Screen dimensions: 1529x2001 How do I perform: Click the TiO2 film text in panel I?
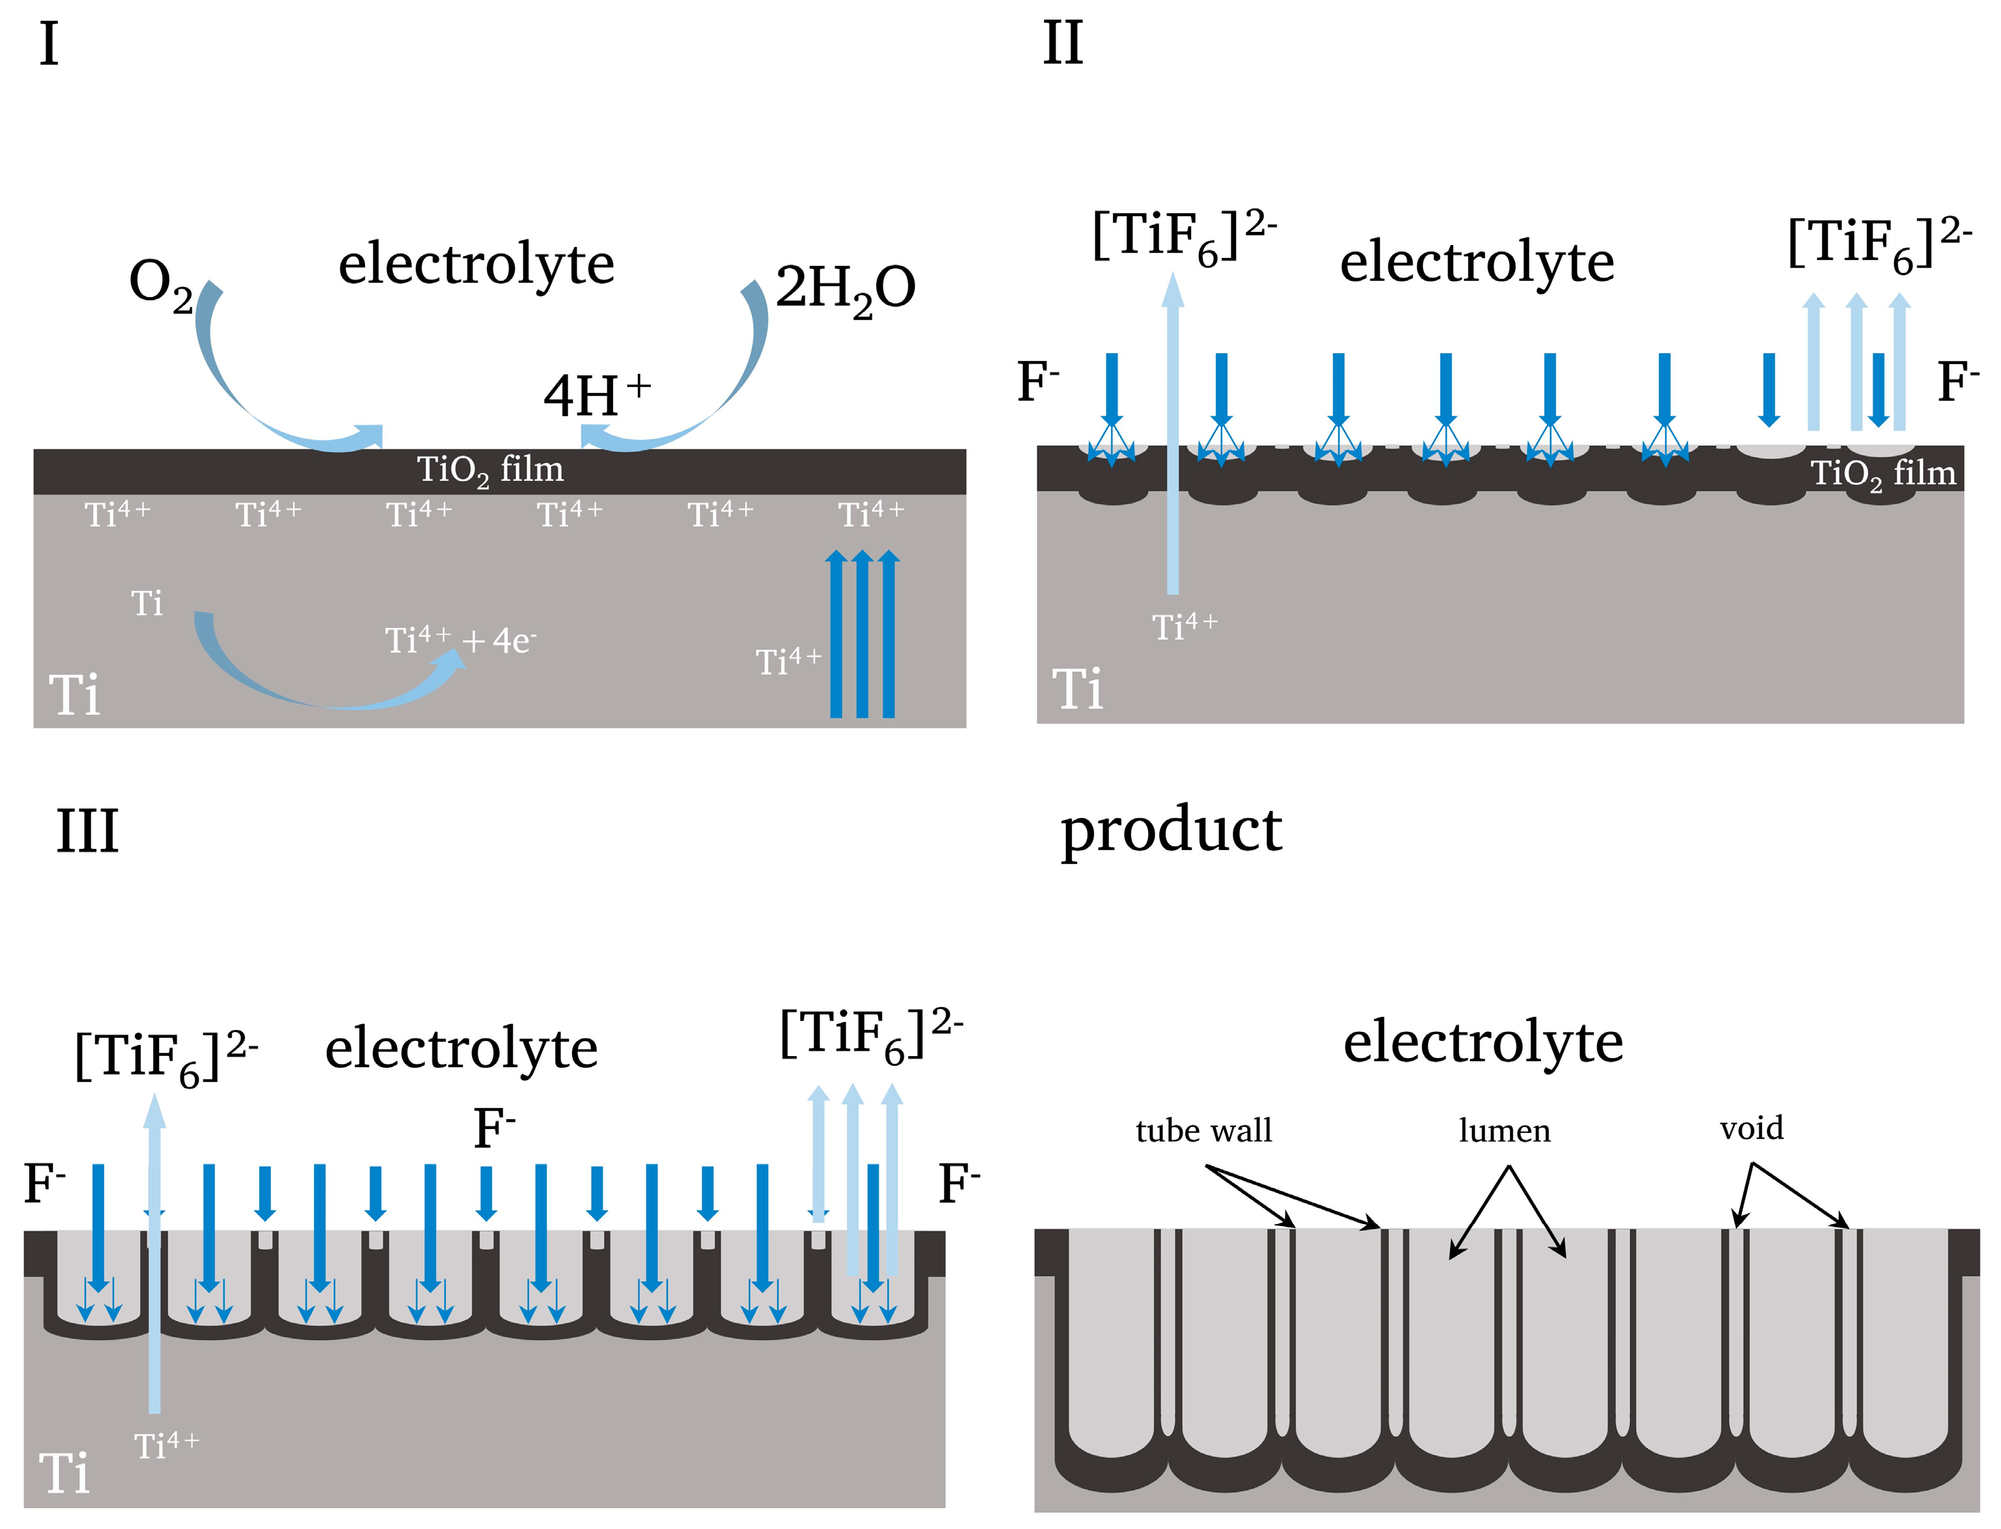(x=490, y=470)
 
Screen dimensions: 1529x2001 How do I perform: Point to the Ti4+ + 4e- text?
(x=460, y=641)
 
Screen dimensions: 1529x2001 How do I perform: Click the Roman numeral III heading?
(x=87, y=830)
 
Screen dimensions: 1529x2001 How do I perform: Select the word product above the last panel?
(x=1171, y=830)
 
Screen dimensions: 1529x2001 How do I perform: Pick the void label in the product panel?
(x=1751, y=1128)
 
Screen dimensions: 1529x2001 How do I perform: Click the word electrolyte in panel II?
(x=1476, y=262)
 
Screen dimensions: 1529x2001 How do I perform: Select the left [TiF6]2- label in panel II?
(x=1183, y=236)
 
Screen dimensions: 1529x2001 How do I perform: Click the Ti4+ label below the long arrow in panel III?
(x=166, y=1445)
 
